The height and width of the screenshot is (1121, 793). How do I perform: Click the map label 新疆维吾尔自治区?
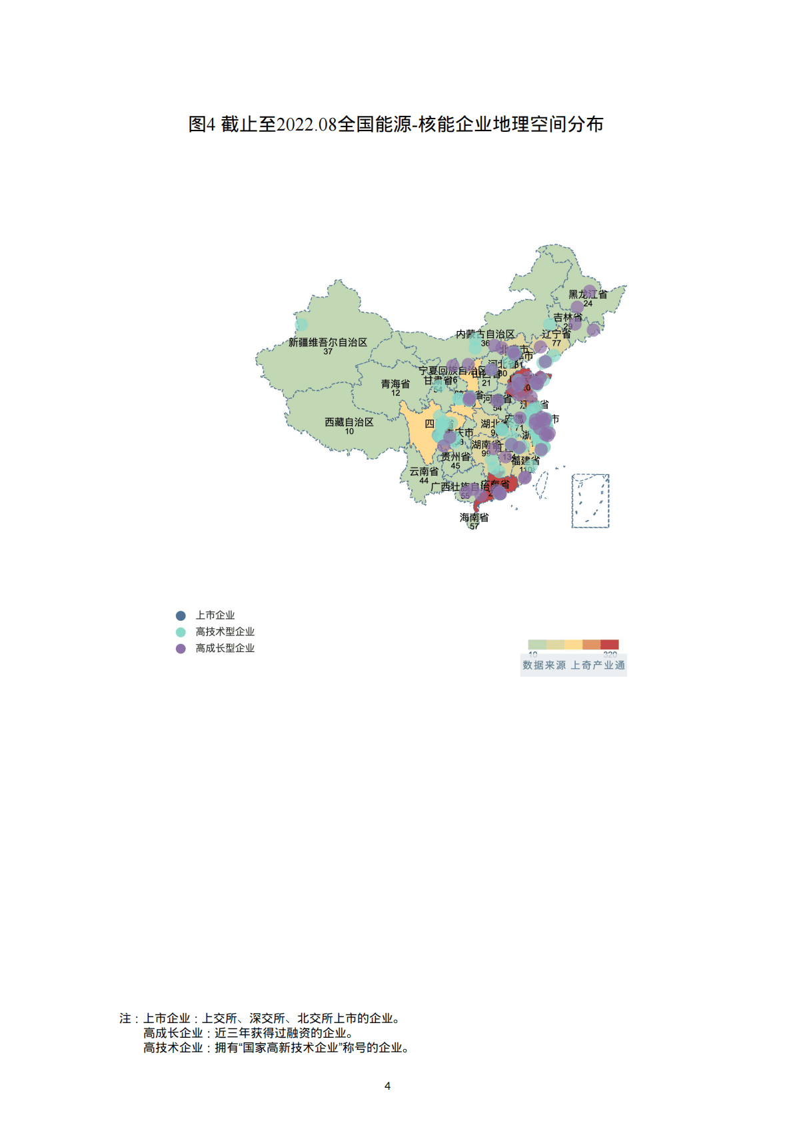click(328, 342)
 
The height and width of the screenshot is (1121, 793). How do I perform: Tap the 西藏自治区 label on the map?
click(349, 422)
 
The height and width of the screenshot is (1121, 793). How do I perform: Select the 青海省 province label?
click(395, 384)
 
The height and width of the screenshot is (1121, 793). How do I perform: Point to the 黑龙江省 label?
click(588, 294)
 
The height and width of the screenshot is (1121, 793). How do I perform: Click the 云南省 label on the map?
click(424, 472)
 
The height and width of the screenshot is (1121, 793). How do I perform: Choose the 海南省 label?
click(474, 518)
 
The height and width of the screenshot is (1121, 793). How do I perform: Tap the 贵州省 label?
click(455, 457)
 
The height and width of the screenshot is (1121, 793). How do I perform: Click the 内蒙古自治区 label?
click(485, 334)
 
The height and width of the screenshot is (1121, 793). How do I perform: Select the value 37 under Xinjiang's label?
click(328, 352)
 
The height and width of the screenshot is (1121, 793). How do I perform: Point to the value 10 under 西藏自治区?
click(349, 432)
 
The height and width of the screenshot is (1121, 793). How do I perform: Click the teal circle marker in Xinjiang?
click(301, 325)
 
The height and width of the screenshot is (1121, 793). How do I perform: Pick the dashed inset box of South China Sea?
click(590, 501)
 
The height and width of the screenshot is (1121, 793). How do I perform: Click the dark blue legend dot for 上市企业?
click(181, 615)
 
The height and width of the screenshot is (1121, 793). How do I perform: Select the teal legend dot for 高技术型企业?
click(181, 632)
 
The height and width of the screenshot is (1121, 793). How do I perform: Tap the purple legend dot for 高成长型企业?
click(181, 649)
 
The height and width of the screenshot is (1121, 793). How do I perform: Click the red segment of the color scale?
click(610, 644)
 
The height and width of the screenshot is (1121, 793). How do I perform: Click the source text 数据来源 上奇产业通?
click(574, 665)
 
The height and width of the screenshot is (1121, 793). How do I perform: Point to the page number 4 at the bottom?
click(388, 1086)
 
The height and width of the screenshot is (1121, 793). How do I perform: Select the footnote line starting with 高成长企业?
click(248, 1033)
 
